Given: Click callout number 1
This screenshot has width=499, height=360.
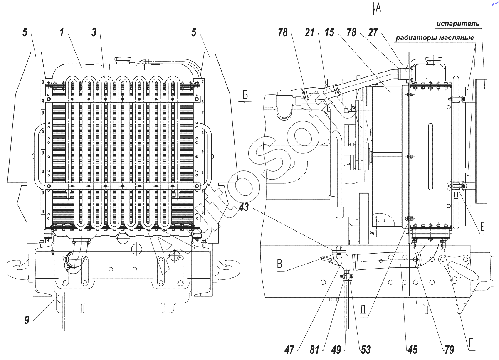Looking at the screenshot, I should click(62, 33).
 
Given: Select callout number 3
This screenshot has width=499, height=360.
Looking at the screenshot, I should click(95, 33).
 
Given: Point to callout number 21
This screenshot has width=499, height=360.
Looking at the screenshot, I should click(310, 33).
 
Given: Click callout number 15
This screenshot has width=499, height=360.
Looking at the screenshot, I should click(330, 33).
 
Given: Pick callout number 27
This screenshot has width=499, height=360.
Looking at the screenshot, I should click(373, 33).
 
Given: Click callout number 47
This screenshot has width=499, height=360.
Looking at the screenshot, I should click(290, 350).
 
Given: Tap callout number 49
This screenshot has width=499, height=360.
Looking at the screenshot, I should click(337, 350).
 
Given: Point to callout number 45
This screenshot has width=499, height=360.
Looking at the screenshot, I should click(413, 350).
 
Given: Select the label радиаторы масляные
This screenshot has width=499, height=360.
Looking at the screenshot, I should click(435, 38).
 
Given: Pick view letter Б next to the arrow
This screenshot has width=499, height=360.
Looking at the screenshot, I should click(245, 96).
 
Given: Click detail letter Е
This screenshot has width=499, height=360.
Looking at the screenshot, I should click(483, 227).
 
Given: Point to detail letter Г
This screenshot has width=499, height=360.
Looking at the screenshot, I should click(472, 344).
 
